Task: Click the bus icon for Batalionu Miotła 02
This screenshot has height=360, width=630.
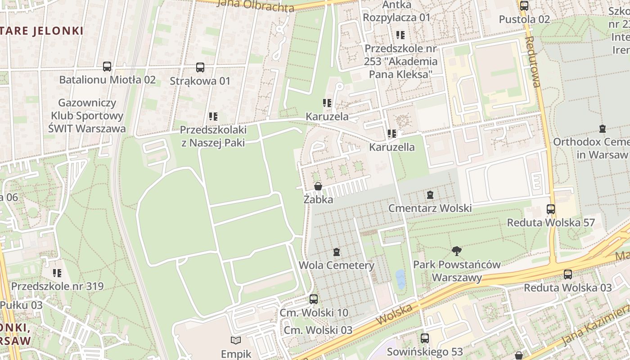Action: click(107, 67)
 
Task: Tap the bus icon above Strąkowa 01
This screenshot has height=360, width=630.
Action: click(200, 67)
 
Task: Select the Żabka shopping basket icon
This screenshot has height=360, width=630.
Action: click(318, 186)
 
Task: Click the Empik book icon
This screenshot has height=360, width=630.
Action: click(236, 341)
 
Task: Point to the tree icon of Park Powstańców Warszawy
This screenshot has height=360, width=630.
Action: click(457, 251)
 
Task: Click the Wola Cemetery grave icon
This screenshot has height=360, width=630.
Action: click(337, 252)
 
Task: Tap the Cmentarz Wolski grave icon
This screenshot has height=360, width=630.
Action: click(430, 195)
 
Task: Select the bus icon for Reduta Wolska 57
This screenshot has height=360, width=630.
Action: click(551, 209)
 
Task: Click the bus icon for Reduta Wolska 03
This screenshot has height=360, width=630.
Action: click(568, 274)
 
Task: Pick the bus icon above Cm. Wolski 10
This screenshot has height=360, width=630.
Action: click(314, 299)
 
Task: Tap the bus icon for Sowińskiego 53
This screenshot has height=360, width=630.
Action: click(425, 338)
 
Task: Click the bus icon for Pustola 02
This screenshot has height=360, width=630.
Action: click(524, 6)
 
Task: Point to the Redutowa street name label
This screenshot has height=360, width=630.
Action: click(533, 62)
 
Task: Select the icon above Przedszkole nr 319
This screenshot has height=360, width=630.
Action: click(57, 273)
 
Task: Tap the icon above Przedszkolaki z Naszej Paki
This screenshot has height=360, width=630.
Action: click(213, 117)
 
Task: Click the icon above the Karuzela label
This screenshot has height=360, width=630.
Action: click(327, 103)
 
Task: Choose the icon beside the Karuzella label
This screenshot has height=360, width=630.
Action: click(392, 134)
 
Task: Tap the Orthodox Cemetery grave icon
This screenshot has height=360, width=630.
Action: click(603, 129)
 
